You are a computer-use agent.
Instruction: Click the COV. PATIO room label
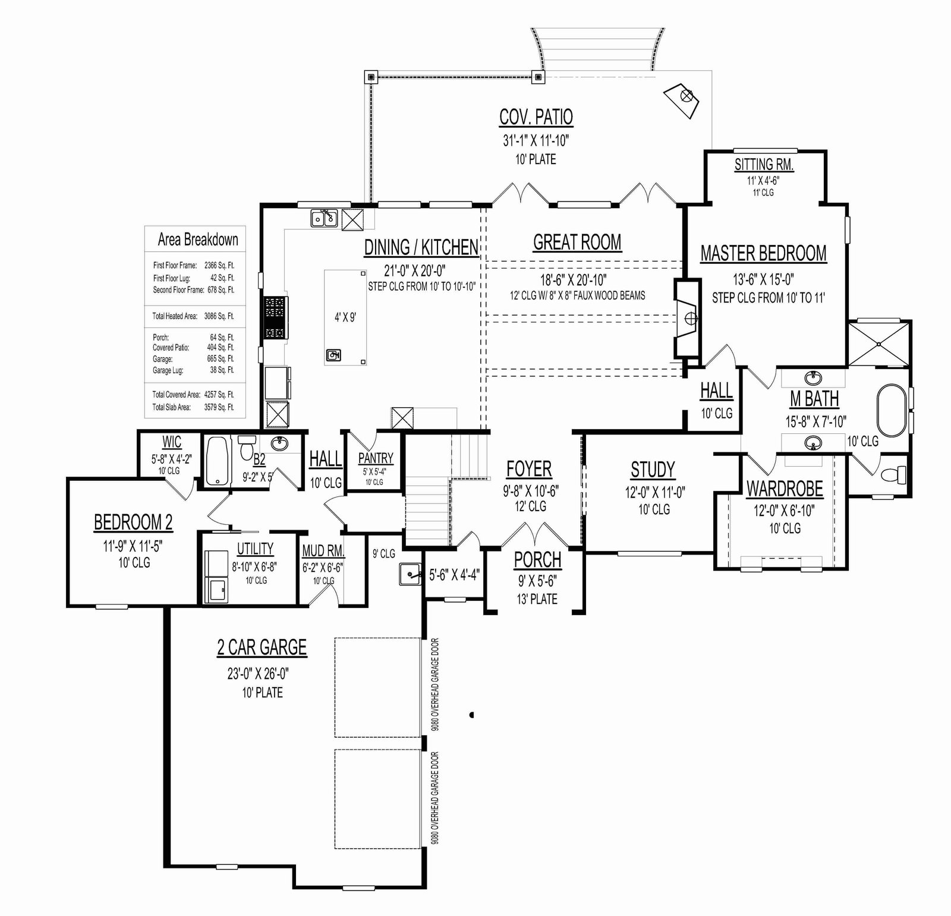(536, 117)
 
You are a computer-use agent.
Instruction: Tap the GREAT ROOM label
(577, 243)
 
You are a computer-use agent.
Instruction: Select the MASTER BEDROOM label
(763, 253)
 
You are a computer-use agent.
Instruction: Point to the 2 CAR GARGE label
(262, 647)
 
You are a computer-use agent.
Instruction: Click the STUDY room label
(653, 470)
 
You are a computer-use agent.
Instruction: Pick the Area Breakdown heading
(198, 240)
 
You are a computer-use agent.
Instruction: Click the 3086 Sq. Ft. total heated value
(219, 316)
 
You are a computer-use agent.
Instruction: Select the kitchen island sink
(333, 355)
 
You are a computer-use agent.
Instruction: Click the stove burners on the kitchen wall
(275, 317)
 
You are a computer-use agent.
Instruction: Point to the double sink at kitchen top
(324, 219)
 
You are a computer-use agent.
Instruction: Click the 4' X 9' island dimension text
(345, 317)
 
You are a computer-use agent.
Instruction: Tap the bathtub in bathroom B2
(218, 462)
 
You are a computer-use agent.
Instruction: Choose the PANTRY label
(376, 458)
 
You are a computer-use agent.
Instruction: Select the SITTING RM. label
(764, 164)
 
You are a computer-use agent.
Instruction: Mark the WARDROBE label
(785, 489)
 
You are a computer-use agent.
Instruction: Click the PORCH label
(537, 559)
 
